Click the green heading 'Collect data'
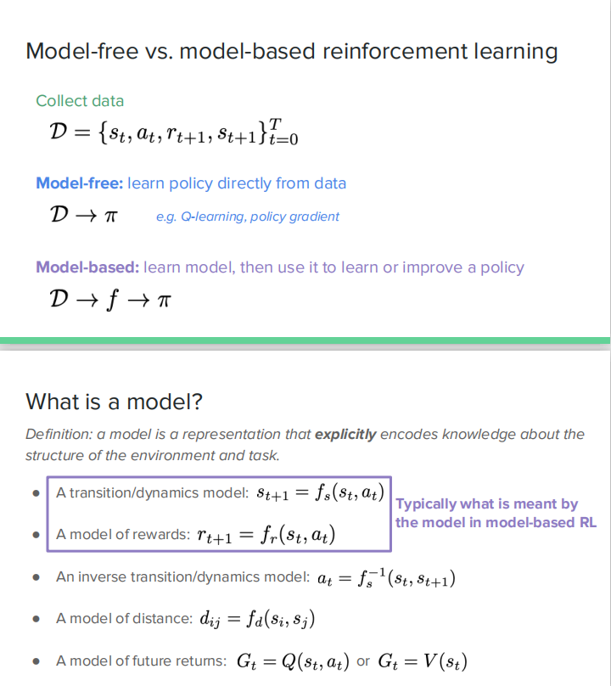80,101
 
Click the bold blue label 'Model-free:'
81,183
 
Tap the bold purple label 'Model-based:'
87,267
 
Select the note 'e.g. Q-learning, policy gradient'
247,216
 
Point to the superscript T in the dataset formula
274,125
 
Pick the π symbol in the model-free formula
109,216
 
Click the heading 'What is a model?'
114,401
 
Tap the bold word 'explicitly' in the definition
345,434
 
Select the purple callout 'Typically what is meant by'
487,504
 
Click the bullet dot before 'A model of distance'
36,619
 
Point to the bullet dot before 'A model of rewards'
36,536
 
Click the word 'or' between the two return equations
363,661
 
